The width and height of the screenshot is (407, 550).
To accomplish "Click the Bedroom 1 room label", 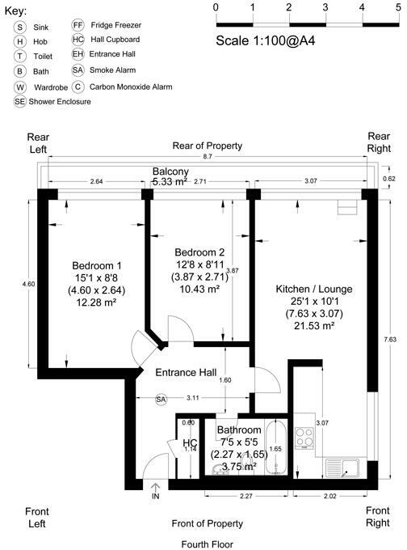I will tap(96, 266).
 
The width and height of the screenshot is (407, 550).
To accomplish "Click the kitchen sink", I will tap(343, 467).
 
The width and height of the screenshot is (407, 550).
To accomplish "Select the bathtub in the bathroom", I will tap(279, 449).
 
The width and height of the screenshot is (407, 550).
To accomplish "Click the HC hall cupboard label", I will tap(190, 444).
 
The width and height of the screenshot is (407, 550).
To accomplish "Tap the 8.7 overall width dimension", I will tap(208, 156).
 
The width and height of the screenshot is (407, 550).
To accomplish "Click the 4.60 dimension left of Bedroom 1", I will tap(29, 284).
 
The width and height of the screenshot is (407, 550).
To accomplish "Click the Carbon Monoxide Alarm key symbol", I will tap(78, 87).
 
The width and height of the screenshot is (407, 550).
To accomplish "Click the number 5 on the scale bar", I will tap(398, 7).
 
